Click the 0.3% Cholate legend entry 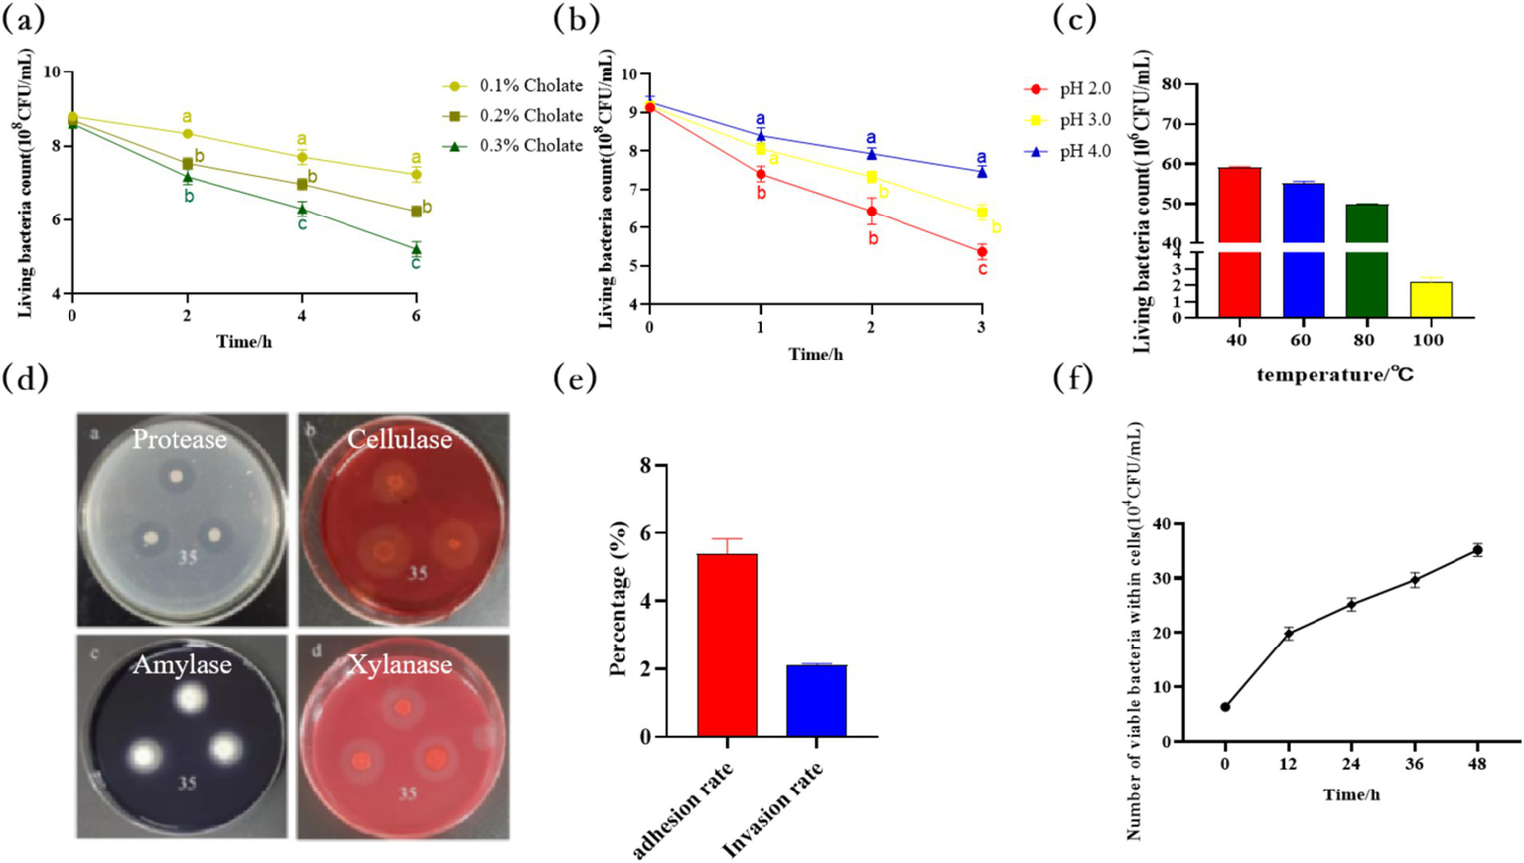(512, 146)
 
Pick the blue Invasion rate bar (816, 701)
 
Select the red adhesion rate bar (727, 646)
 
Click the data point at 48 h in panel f (1477, 549)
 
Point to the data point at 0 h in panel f (1225, 707)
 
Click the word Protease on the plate (180, 440)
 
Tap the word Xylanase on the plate (399, 665)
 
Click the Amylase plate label (183, 665)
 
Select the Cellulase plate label (399, 440)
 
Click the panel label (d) (26, 380)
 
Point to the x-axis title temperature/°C (1334, 374)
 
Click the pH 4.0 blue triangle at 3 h (982, 172)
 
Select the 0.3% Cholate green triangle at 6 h (416, 248)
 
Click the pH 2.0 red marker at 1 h (761, 174)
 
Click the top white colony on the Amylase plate (187, 698)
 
